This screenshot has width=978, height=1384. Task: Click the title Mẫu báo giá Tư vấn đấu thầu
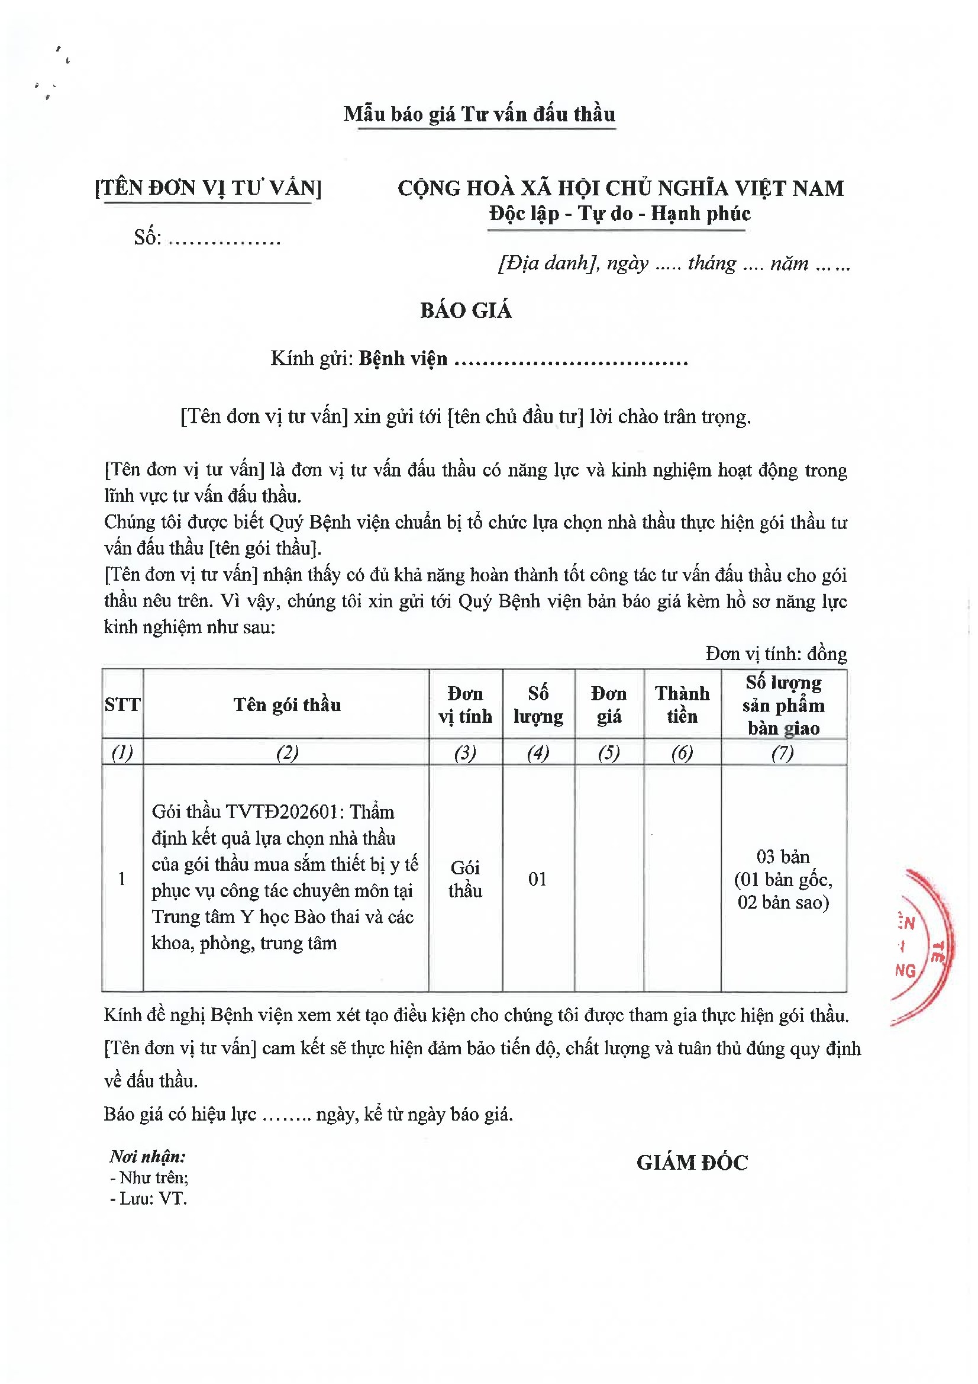479,114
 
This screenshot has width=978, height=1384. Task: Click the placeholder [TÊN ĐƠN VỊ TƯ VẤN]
208,188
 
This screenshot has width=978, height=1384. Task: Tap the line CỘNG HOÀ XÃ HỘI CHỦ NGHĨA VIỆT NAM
620,188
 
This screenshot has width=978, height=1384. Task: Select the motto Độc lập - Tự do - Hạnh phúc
619,213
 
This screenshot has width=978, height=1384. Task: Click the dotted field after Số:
225,239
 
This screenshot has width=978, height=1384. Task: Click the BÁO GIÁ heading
466,310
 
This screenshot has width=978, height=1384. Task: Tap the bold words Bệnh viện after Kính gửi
402,359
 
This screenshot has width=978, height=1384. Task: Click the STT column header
122,704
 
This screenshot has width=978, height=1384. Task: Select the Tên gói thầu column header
287,704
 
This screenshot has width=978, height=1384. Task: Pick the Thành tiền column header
682,704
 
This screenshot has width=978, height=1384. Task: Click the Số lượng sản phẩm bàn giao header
783,704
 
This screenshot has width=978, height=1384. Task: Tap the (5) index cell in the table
609,752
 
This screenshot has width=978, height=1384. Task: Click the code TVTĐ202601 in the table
282,812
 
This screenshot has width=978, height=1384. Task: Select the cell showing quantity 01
537,879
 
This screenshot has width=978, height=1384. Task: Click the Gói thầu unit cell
465,879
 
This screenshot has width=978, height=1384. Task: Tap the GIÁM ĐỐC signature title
692,1163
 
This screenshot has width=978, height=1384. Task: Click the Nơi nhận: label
148,1156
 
